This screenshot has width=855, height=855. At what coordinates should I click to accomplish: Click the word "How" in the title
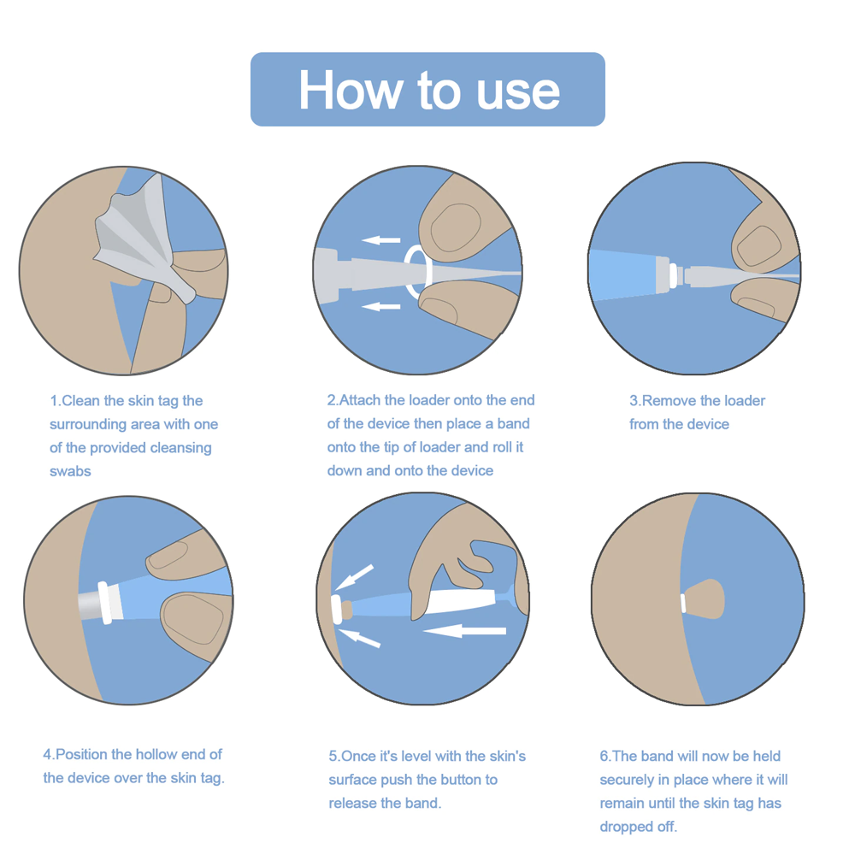[350, 90]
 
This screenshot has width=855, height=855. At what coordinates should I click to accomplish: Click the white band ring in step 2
[418, 272]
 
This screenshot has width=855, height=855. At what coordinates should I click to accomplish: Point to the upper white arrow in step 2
[381, 240]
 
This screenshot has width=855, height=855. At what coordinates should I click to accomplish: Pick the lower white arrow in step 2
[381, 306]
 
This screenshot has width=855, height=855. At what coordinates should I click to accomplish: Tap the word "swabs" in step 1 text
[70, 471]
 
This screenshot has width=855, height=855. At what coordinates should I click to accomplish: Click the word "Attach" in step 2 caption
[361, 400]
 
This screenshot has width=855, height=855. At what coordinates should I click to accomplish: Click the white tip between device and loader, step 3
[674, 274]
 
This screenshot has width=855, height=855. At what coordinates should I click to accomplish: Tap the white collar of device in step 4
[109, 602]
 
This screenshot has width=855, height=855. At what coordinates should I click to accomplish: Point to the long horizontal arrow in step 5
[464, 631]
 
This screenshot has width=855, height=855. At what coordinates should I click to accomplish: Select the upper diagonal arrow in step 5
[354, 577]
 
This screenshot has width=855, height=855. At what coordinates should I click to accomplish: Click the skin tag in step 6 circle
[703, 599]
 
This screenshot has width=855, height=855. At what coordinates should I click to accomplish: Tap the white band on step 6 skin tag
[683, 604]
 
